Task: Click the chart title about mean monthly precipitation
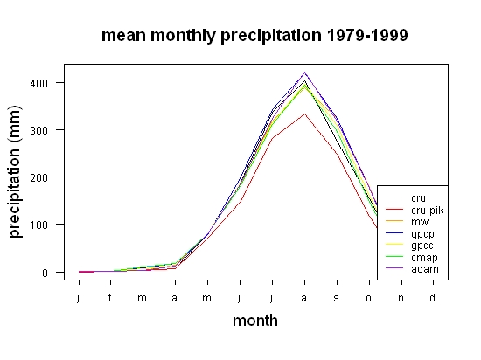coord(254,36)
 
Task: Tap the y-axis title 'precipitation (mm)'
coord(15,171)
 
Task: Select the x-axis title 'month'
coord(255,321)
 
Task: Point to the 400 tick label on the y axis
coord(39,83)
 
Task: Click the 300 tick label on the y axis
coord(39,130)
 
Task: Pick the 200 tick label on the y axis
coord(39,177)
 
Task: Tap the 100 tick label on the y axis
coord(39,225)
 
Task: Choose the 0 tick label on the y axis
coord(45,273)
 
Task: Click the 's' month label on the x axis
coord(337,298)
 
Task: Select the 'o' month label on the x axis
coord(369,298)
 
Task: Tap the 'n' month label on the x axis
coord(401,298)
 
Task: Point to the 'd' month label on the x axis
coord(433,297)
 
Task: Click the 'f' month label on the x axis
coord(110,297)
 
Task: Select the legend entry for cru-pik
coord(415,211)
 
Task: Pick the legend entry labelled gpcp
coord(410,234)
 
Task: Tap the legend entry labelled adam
coord(412,269)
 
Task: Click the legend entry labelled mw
coord(407,222)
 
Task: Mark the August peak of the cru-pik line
coord(304,114)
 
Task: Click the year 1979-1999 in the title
coord(367,35)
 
